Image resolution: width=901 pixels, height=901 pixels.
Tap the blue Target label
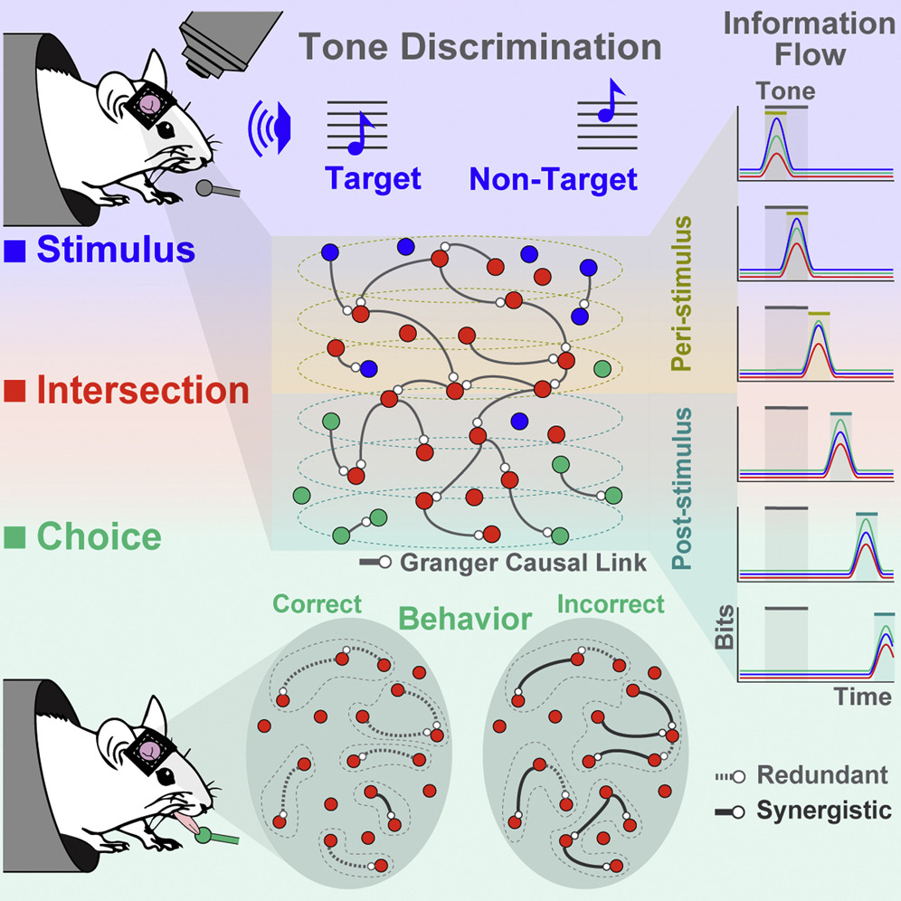pyautogui.click(x=374, y=178)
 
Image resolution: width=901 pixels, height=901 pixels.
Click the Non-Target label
pyautogui.click(x=553, y=178)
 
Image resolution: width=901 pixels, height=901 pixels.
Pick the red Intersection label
pyautogui.click(x=143, y=391)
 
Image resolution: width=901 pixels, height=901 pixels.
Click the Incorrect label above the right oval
pyautogui.click(x=612, y=602)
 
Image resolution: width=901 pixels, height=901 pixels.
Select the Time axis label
pyautogui.click(x=863, y=697)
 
